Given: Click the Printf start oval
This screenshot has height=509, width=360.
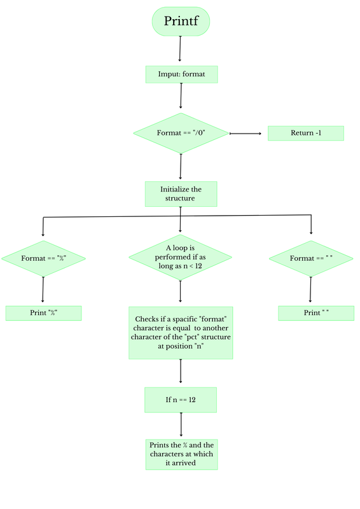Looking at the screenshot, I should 181,21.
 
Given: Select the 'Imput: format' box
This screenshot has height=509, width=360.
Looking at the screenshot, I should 181,74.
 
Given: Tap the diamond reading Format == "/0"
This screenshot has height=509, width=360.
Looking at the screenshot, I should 181,133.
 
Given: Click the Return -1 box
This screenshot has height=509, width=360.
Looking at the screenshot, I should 305,133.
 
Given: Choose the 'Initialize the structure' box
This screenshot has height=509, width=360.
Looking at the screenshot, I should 181,193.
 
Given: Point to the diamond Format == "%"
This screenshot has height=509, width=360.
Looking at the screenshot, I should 43,258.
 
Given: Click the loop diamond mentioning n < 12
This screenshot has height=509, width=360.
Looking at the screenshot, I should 181,258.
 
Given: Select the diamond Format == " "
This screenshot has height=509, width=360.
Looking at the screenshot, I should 311,258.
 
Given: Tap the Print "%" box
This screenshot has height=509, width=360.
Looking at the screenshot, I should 43,313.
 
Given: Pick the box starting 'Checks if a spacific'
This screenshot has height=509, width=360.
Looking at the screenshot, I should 181,333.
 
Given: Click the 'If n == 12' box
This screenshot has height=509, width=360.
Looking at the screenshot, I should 181,400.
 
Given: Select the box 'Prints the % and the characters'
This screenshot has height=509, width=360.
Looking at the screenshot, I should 181,454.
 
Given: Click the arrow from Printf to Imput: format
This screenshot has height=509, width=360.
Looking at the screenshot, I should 181,48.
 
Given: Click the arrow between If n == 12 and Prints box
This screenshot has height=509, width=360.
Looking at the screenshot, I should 181,424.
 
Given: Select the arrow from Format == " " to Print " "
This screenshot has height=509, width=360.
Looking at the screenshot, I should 310,289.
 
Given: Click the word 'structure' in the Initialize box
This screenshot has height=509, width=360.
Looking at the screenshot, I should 181,199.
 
